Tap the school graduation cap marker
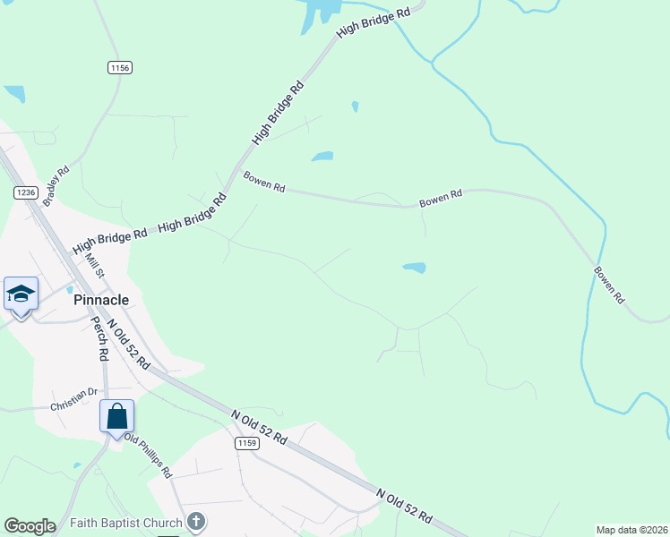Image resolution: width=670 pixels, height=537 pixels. coord(21,294)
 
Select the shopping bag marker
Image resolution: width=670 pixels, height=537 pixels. coord(116,417)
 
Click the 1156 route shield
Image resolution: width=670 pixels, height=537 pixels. coord(119,68)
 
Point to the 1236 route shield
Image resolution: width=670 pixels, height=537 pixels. coord(25,192)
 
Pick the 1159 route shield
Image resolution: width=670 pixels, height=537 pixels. coord(247,444)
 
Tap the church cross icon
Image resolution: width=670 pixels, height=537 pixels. coord(197,522)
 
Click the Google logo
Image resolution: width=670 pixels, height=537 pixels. coord(30,525)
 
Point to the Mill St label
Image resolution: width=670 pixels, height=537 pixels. coord(95,266)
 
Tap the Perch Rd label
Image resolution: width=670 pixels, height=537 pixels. coord(100,342)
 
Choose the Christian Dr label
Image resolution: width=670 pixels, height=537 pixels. coord(73,395)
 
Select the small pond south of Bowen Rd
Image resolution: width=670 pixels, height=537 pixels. coord(414,267)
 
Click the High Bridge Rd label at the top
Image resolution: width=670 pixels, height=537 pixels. coord(374,24)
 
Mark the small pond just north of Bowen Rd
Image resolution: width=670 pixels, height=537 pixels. coord(322,157)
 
